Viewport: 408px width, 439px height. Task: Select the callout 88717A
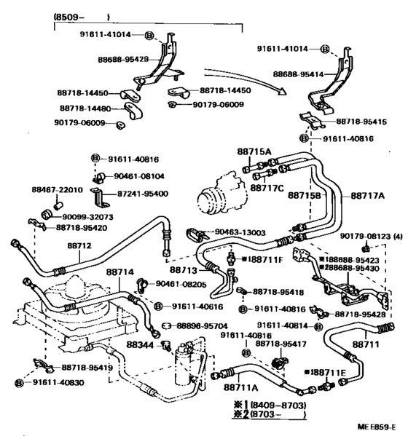368,195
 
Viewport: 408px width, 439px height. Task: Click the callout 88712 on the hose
79,245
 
